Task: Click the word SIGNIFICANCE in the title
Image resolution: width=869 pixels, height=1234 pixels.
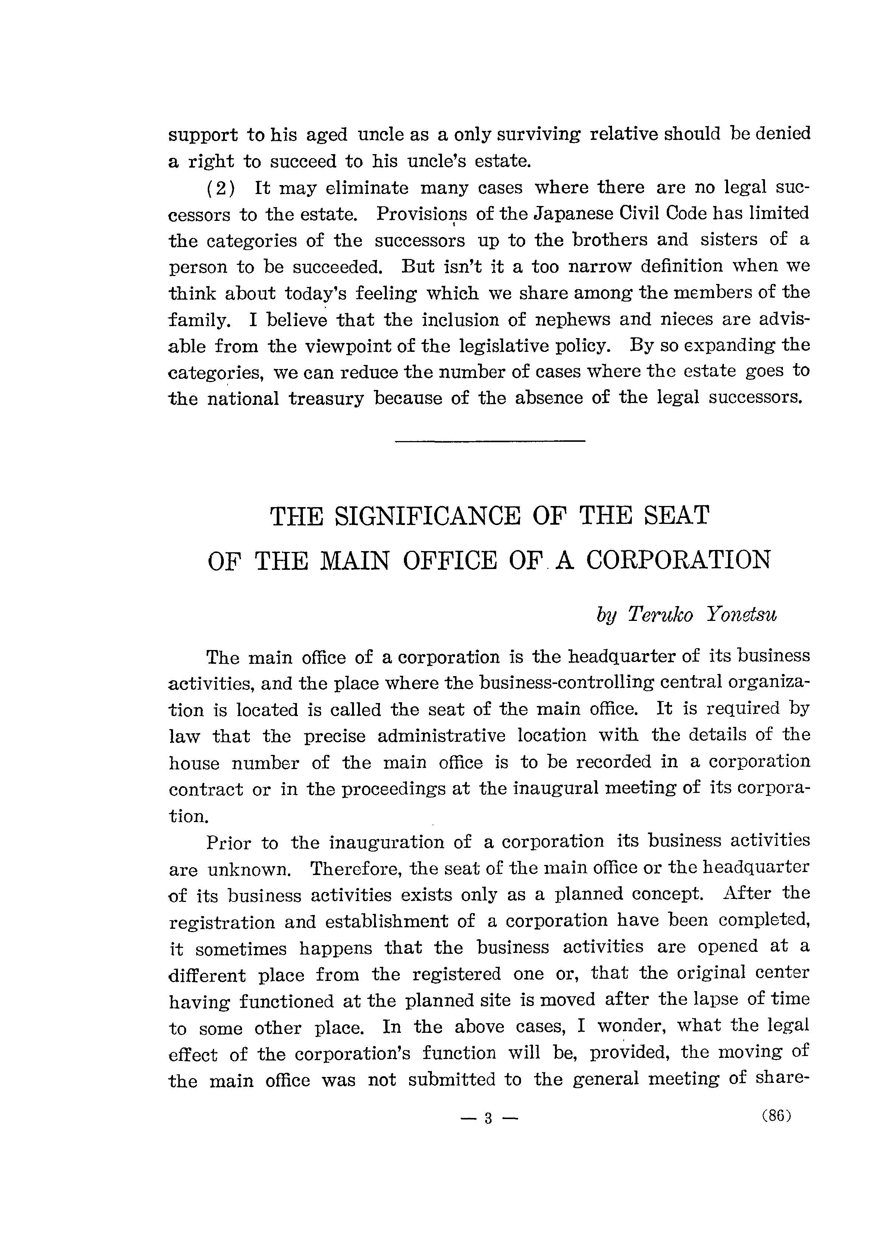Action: pyautogui.click(x=427, y=516)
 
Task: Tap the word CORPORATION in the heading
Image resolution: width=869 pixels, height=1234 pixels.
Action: pyautogui.click(x=678, y=560)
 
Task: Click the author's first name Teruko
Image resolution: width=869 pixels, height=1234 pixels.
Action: pyautogui.click(x=660, y=614)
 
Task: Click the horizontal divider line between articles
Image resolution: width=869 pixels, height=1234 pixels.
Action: pyautogui.click(x=489, y=442)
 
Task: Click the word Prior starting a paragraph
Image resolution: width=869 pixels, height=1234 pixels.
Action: pyautogui.click(x=228, y=843)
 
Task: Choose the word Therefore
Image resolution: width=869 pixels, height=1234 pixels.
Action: pyautogui.click(x=357, y=869)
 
